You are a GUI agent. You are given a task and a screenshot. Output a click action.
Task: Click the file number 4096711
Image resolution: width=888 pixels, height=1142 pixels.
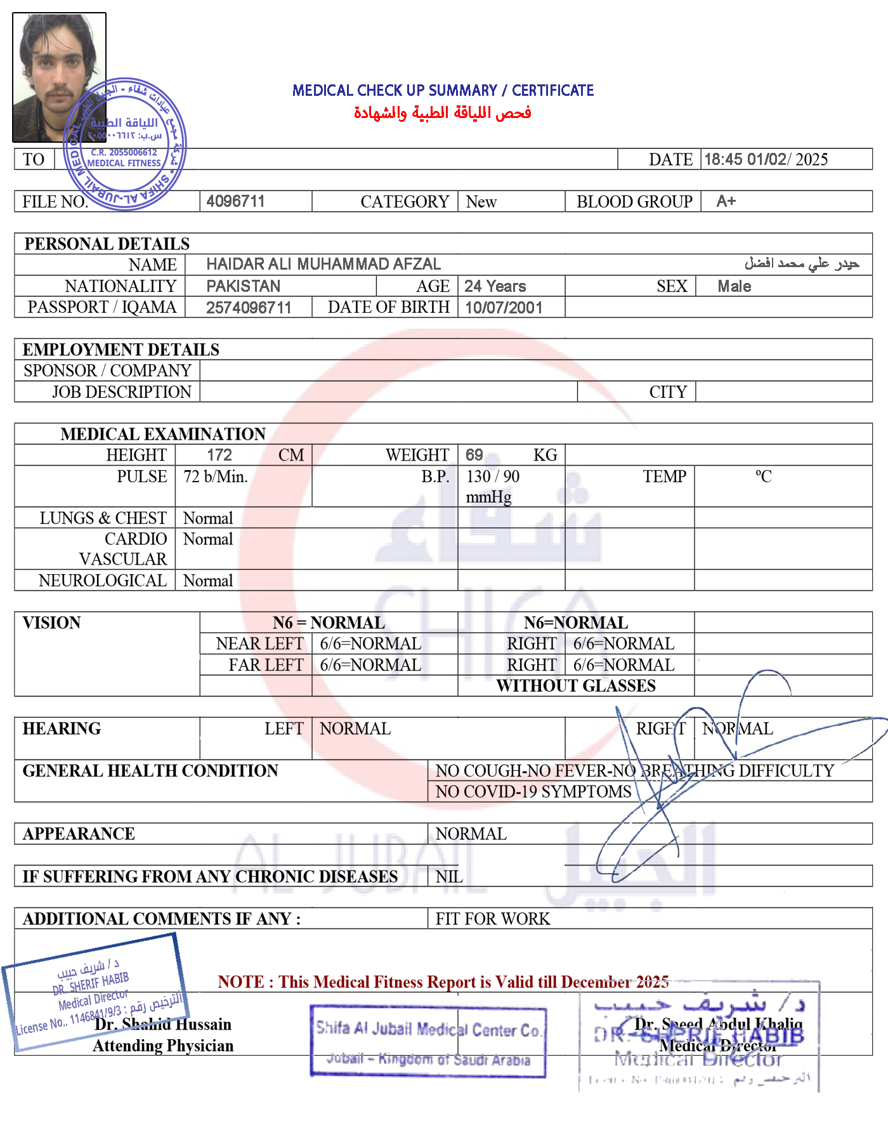tap(235, 201)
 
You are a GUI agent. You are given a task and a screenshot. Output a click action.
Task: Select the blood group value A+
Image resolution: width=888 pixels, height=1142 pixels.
tap(726, 201)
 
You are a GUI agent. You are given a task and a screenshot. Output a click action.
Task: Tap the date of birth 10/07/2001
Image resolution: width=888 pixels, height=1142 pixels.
tap(504, 308)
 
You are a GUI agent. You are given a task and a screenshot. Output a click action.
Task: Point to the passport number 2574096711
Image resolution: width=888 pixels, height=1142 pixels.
tap(249, 308)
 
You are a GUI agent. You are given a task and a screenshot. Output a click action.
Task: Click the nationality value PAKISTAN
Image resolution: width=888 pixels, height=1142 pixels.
tap(244, 286)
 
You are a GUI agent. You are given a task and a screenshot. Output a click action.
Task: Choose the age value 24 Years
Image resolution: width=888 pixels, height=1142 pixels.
tap(495, 286)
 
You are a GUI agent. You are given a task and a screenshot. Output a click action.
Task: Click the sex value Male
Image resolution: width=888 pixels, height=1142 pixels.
tap(734, 286)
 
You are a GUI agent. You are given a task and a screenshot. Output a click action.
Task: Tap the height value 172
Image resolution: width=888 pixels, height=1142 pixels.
tap(219, 455)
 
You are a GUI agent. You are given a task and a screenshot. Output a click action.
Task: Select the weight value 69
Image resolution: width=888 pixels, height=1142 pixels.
tap(474, 455)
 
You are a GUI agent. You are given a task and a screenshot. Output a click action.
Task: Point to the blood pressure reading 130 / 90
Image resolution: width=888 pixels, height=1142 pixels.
tap(493, 476)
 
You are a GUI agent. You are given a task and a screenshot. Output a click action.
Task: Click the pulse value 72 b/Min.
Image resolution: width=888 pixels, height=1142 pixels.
tap(216, 476)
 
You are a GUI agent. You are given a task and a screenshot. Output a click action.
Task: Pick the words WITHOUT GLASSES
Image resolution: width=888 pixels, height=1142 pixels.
tap(576, 686)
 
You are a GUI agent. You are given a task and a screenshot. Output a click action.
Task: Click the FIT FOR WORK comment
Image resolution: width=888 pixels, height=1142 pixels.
tap(493, 919)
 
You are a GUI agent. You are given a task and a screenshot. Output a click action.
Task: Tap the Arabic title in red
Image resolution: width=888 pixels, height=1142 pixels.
tap(443, 113)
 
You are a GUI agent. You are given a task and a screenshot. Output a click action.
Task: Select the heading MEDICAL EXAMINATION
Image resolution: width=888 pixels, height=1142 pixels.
tap(163, 434)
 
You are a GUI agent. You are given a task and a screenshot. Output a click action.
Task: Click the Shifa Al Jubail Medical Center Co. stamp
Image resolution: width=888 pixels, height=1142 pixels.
tap(428, 1041)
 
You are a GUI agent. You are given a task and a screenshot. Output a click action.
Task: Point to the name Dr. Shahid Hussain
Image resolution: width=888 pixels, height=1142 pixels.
tap(164, 1024)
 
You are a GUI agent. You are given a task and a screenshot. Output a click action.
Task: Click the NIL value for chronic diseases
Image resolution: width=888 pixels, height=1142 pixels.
tap(449, 877)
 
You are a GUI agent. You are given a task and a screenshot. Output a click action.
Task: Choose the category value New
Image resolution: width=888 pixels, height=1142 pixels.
tap(481, 202)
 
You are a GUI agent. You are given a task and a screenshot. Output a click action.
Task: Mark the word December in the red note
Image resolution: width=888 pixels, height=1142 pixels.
tap(596, 982)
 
